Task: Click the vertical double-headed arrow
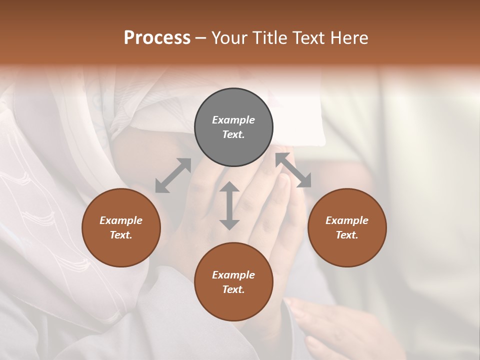[x=229, y=205]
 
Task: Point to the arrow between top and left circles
[x=173, y=175]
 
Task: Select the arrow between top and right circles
[x=293, y=170]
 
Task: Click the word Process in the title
[x=157, y=37]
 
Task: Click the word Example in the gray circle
[x=233, y=120]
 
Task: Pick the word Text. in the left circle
[x=121, y=235]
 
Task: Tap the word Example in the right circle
[x=346, y=220]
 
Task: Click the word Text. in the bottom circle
[x=233, y=289]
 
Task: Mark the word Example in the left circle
[x=121, y=220]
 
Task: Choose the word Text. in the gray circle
[x=233, y=134]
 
